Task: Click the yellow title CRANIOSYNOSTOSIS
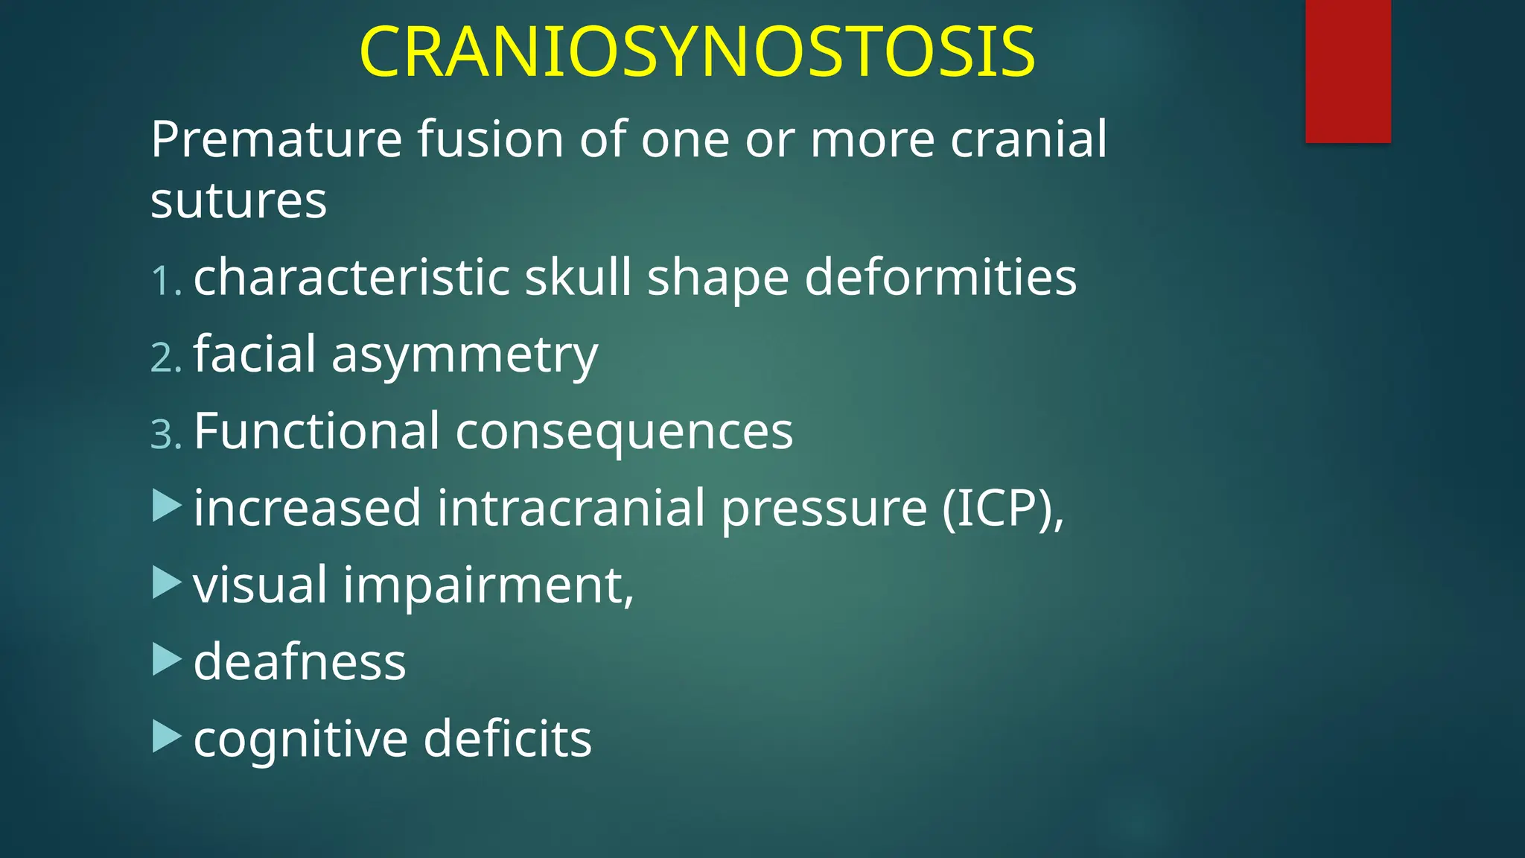point(696,52)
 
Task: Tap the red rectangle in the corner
point(1348,71)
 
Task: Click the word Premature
point(276,139)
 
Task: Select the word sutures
point(238,200)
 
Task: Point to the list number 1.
point(165,282)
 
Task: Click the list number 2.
point(165,358)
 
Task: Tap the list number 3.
point(165,435)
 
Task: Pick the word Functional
point(316,431)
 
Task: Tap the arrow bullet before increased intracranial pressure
point(167,506)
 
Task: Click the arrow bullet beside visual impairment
point(167,583)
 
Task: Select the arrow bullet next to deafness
point(167,660)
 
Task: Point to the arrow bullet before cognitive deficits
point(167,737)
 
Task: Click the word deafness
point(299,661)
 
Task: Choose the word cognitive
point(301,740)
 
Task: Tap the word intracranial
point(571,509)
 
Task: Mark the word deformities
point(940,277)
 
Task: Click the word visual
point(260,585)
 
